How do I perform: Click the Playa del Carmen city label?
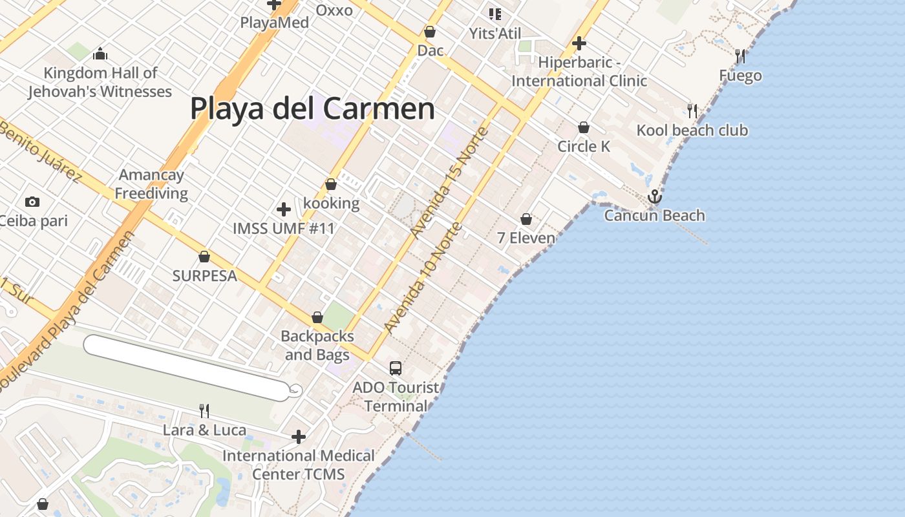point(312,109)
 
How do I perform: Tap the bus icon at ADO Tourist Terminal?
point(396,368)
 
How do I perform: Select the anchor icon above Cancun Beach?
point(655,196)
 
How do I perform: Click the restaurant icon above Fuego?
point(740,56)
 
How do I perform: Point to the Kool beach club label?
point(692,131)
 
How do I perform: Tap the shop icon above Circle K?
point(584,127)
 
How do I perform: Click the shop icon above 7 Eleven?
point(526,219)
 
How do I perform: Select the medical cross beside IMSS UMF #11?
point(284,209)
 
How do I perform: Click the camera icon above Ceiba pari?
point(32,202)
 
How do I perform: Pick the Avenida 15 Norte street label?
point(450,183)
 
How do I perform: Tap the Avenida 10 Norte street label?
point(424,278)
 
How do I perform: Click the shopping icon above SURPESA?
point(204,257)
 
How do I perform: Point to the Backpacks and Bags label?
point(317,345)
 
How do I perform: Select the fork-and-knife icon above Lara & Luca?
point(204,410)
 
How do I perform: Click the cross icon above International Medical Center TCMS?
point(298,437)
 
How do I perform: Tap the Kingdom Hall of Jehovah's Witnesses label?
point(100,82)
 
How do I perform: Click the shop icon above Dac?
point(430,32)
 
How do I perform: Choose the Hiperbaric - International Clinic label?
point(579,72)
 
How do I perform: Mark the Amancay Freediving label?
point(152,184)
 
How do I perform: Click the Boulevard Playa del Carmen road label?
point(67,310)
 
